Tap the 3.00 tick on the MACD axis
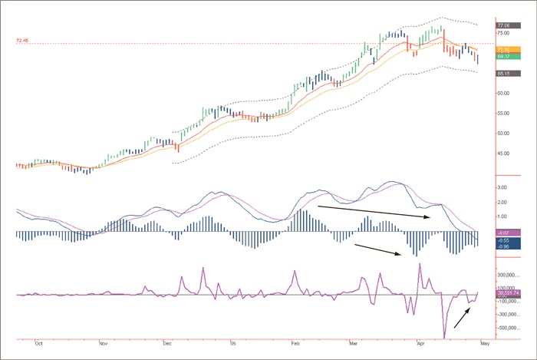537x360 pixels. point(500,187)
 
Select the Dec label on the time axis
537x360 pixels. point(167,345)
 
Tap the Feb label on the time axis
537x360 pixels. point(295,345)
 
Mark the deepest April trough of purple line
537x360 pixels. point(445,337)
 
